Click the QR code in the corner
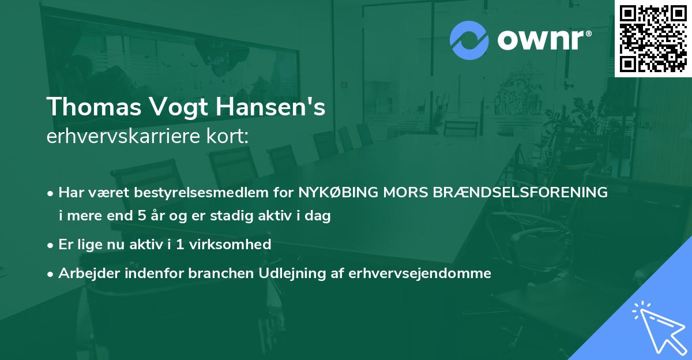tap(653, 38)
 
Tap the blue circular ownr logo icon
tap(469, 40)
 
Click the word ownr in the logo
tap(543, 40)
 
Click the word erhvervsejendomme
tap(420, 273)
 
